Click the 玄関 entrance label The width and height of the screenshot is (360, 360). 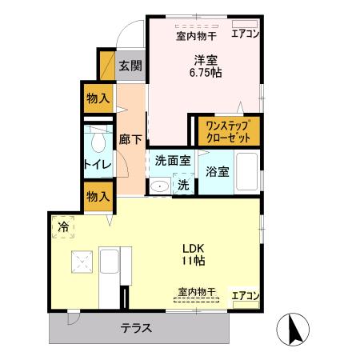click(x=130, y=66)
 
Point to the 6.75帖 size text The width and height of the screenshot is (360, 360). click(x=206, y=73)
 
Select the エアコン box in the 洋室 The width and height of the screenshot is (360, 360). click(x=246, y=34)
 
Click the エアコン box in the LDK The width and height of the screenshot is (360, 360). click(x=246, y=295)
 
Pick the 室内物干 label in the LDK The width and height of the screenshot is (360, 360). click(x=197, y=292)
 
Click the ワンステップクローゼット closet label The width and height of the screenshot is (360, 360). click(x=228, y=130)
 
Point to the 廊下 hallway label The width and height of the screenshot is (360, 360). click(x=130, y=139)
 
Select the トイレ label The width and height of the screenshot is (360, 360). click(x=98, y=166)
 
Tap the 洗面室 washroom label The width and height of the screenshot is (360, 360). click(x=172, y=160)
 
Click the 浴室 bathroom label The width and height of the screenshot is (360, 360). click(x=217, y=171)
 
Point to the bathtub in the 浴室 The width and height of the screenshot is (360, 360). click(x=246, y=170)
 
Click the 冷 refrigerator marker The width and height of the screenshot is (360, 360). click(x=63, y=226)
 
